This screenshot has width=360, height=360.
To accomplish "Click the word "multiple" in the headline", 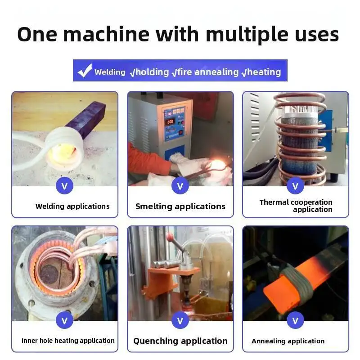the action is click(x=247, y=35).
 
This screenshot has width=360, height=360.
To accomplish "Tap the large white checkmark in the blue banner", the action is click(x=85, y=71).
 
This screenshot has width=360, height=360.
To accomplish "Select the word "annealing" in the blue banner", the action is click(x=216, y=72).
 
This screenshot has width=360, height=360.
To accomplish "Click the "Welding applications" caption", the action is click(x=72, y=206).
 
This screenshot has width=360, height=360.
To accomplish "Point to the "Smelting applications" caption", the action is click(x=180, y=206).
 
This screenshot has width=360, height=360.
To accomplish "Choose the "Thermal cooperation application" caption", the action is click(x=296, y=206).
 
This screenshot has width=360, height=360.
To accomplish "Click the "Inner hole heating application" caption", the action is click(x=68, y=341).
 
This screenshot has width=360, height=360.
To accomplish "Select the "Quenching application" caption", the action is click(x=180, y=341).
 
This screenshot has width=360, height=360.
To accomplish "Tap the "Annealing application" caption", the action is click(x=288, y=341).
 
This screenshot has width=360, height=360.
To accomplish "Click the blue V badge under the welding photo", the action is click(x=64, y=186).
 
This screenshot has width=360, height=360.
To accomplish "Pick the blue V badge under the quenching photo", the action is click(x=180, y=320).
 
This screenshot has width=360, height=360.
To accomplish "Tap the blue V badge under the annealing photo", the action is click(x=296, y=320).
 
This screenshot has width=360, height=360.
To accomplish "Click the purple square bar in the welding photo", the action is click(x=86, y=119).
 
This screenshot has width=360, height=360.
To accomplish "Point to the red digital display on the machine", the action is click(x=170, y=121).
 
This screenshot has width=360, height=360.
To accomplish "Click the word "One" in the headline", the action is click(x=37, y=35).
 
